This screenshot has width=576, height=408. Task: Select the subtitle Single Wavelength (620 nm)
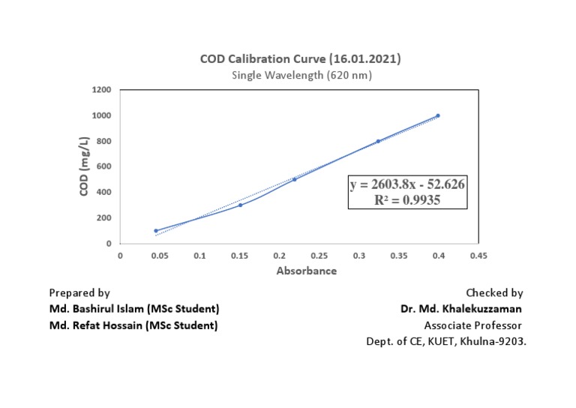[301, 75]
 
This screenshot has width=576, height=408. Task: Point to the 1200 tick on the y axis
[102, 90]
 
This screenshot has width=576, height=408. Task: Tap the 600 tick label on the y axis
[104, 166]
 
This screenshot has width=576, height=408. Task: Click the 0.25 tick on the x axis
[319, 256]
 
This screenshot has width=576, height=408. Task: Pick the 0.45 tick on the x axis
[478, 256]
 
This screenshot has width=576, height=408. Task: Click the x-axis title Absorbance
[307, 271]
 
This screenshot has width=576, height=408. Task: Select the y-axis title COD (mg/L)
[85, 166]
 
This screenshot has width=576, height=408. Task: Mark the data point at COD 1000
[438, 115]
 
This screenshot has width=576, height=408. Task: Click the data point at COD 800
[378, 141]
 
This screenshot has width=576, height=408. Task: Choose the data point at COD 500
[294, 179]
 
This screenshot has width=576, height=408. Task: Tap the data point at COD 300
[240, 205]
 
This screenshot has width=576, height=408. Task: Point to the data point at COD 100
[156, 230]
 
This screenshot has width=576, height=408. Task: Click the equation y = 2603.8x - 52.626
[407, 185]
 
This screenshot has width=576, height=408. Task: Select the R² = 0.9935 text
[407, 200]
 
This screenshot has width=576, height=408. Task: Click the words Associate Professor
[472, 325]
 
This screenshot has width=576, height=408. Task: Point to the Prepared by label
[79, 293]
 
